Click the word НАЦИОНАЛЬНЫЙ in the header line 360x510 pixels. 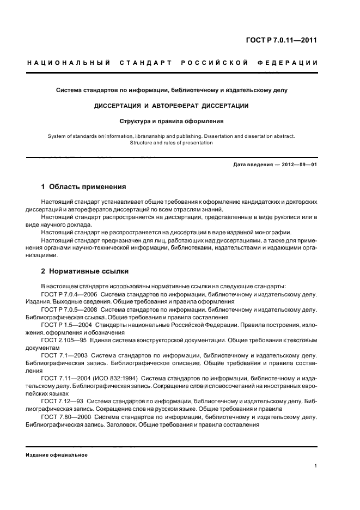(69, 63)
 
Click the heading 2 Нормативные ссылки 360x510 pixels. (85, 271)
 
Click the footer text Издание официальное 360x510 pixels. (57, 455)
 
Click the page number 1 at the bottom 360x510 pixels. (316, 466)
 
